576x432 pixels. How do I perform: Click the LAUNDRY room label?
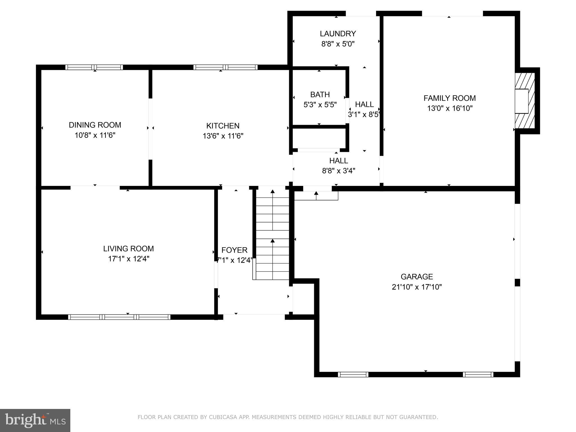point(338,34)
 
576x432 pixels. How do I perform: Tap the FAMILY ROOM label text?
point(449,98)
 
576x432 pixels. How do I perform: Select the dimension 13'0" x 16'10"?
point(450,108)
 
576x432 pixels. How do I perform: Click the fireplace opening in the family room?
point(521,101)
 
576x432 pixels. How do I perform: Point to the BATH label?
point(320,94)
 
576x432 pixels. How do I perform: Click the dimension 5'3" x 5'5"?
point(320,105)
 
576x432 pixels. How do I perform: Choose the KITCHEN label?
point(223,126)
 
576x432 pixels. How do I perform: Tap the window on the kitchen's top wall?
point(225,67)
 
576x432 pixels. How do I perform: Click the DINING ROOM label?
point(95,125)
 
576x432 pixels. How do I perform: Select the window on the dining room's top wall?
point(94,67)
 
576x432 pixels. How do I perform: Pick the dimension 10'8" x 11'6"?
point(95,135)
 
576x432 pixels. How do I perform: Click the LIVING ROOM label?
point(128,249)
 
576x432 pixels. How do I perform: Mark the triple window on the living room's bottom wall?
point(119,317)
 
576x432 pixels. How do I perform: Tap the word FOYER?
point(234,250)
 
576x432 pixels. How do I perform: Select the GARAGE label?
point(417,277)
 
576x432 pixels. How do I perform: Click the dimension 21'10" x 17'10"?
point(417,287)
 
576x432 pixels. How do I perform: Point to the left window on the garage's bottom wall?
point(353,374)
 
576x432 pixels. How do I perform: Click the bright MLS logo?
point(35,420)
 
